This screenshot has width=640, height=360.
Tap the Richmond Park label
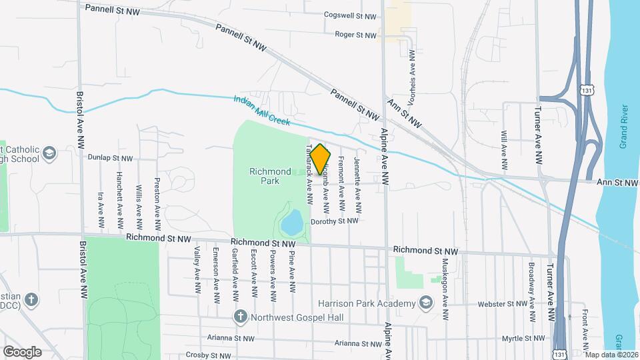(x=270, y=176)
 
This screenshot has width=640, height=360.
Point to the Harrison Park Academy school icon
(x=425, y=304)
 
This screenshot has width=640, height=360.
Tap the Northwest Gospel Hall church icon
(x=239, y=316)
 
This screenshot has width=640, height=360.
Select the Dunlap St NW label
(x=111, y=158)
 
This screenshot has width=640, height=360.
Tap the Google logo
(x=22, y=351)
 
